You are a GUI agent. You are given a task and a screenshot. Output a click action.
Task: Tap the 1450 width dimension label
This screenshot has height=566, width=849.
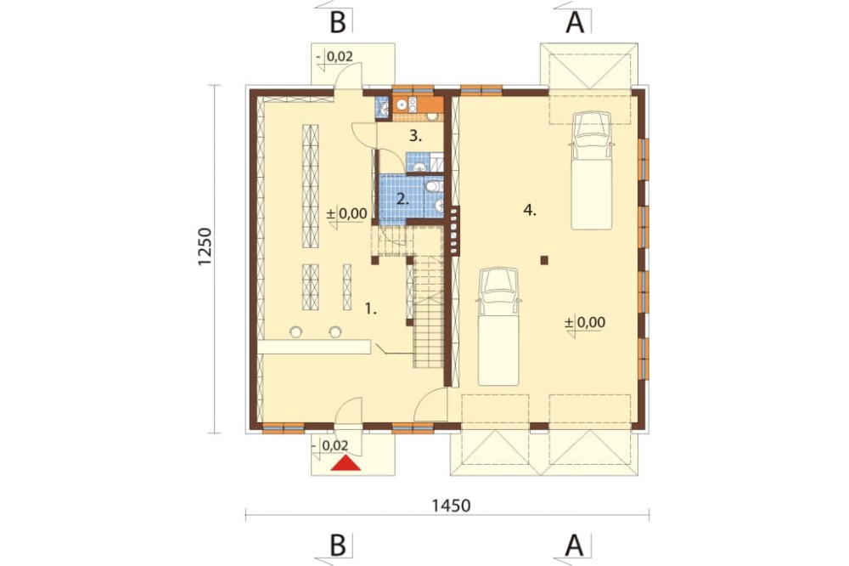(451, 506)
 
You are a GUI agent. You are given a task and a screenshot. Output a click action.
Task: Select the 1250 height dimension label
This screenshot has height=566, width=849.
(204, 246)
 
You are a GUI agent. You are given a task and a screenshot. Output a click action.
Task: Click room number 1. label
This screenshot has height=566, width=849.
(371, 309)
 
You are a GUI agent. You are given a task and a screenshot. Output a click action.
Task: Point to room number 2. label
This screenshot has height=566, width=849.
(402, 200)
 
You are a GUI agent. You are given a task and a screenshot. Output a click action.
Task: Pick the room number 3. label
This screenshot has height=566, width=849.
(415, 136)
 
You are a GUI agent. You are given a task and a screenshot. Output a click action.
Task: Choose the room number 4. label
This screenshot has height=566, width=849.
(530, 211)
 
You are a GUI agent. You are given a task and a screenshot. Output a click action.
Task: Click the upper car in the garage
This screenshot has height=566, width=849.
(591, 170)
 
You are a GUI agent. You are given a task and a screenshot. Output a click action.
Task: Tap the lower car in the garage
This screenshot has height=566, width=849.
(498, 325)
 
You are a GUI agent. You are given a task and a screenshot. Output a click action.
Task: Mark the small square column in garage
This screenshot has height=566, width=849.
(544, 260)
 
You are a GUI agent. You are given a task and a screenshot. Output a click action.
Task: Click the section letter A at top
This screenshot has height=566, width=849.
(575, 23)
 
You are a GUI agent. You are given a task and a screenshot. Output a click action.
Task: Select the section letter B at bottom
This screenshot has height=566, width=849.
(337, 546)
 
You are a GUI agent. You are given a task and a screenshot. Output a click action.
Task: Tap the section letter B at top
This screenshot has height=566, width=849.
(337, 23)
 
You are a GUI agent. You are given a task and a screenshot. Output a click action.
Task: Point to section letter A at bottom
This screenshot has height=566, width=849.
(575, 546)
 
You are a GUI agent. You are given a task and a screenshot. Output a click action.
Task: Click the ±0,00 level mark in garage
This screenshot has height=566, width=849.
(585, 323)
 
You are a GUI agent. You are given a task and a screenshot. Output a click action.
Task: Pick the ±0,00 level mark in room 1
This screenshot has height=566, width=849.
(346, 214)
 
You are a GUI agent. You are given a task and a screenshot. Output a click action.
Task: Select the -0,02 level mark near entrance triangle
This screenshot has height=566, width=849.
(331, 445)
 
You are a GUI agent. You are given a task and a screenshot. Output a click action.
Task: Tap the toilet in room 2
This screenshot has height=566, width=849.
(433, 187)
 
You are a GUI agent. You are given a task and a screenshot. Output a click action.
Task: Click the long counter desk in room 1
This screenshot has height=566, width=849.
(314, 347)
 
